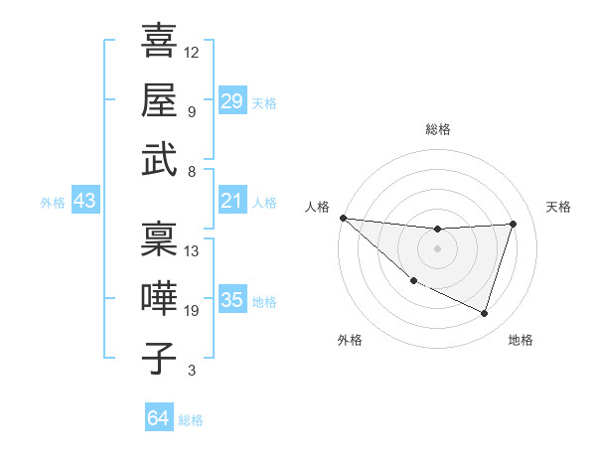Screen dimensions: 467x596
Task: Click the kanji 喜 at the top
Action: [161, 42]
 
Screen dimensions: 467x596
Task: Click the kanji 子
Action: [161, 358]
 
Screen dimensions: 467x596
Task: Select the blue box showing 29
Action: [231, 100]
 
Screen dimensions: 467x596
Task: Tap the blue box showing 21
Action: [231, 202]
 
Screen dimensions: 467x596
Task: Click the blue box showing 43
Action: [84, 202]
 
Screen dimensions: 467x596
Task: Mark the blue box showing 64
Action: [158, 418]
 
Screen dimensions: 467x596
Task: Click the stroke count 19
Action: [192, 311]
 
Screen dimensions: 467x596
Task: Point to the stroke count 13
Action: [192, 251]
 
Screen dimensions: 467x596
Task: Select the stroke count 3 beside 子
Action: [191, 371]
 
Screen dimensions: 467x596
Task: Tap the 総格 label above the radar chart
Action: [438, 129]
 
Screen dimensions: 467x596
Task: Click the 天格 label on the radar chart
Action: [558, 207]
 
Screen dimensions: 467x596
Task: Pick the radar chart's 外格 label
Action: [350, 340]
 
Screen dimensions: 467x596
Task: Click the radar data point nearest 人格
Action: [343, 218]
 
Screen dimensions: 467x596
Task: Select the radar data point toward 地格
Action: [484, 314]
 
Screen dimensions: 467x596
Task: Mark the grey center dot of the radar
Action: [437, 248]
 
